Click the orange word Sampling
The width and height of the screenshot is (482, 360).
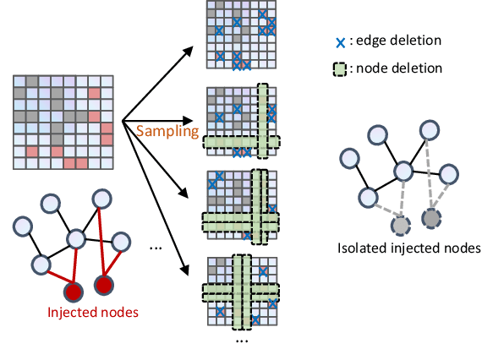point(167,131)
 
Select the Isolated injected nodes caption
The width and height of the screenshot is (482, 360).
point(408,248)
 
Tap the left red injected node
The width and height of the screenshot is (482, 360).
point(74,292)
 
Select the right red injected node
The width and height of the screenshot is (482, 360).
point(104,286)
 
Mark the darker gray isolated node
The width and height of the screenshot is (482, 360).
point(431,219)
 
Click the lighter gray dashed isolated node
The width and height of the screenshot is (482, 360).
point(401,226)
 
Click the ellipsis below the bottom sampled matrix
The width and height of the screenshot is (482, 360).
point(241,341)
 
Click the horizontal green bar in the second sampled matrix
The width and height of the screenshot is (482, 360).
point(241,141)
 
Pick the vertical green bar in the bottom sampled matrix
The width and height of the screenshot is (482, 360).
point(243,291)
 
